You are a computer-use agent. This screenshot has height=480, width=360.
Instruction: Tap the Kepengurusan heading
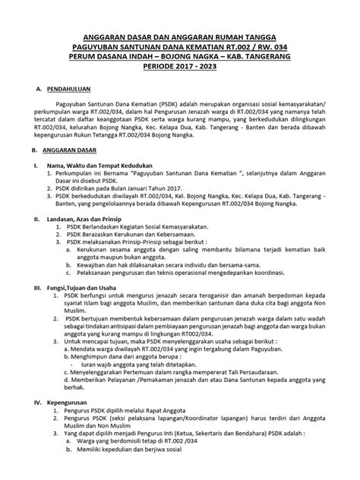(x=62, y=418)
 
